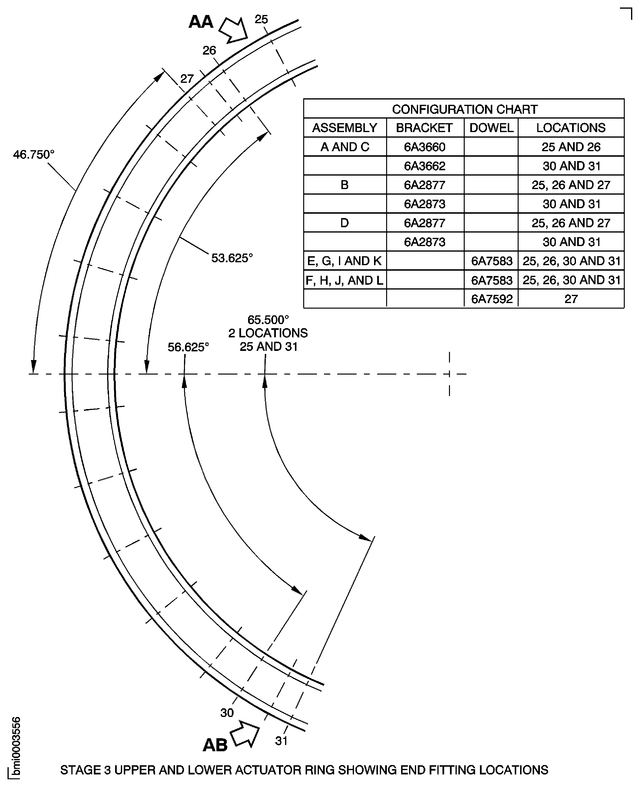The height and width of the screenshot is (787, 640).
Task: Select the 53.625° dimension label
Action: coord(232,258)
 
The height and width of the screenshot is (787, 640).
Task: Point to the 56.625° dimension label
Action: coord(188,347)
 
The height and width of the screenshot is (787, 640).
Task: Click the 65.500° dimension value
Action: coord(268,319)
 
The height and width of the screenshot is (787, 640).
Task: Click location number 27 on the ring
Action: coord(187,78)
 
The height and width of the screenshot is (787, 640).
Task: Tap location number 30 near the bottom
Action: coord(227,713)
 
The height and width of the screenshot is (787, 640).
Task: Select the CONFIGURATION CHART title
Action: coord(464,109)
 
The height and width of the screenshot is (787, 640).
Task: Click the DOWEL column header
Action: coord(491,128)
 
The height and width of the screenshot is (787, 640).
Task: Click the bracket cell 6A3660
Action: coord(424,147)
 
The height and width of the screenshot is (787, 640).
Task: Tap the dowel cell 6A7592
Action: coord(492,299)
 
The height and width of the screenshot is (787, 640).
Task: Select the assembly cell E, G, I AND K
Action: coord(344,261)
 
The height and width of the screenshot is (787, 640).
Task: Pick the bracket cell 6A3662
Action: coord(424,166)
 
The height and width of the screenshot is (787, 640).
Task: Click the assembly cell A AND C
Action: coord(344,147)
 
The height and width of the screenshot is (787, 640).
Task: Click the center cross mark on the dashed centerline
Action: coord(449,374)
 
